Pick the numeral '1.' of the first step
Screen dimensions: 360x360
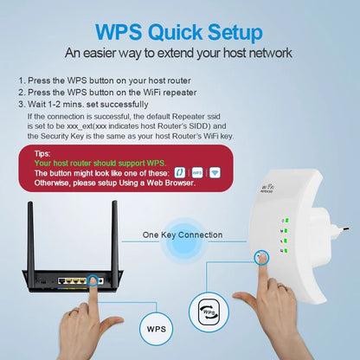click(x=22, y=80)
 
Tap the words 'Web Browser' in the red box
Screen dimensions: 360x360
click(x=169, y=183)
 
